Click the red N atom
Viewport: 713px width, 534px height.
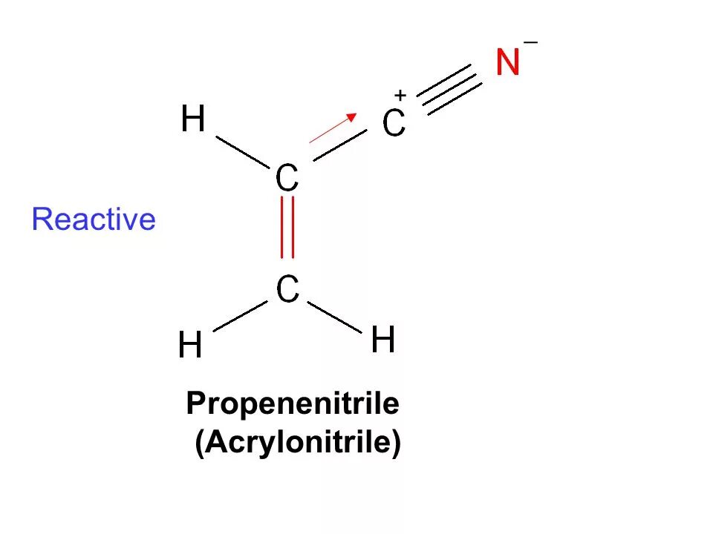(508, 62)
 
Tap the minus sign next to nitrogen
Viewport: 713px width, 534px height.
(530, 44)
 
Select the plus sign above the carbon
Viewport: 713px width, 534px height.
(400, 96)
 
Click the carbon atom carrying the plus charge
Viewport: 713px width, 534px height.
(394, 124)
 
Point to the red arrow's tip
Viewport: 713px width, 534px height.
(355, 115)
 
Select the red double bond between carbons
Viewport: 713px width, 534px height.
(287, 226)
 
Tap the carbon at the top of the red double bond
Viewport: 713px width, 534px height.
(287, 178)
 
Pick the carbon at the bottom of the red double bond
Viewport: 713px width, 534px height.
(287, 289)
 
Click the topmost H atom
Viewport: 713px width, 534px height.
(193, 119)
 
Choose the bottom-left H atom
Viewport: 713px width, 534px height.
(190, 346)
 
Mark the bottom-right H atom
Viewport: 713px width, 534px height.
(383, 341)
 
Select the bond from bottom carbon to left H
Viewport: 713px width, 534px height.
(239, 316)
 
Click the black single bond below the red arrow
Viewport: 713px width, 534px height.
(340, 145)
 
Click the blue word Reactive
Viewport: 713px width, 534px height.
(94, 220)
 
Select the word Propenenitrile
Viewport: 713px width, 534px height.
(293, 404)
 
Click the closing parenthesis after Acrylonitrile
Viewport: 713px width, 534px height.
(396, 444)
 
